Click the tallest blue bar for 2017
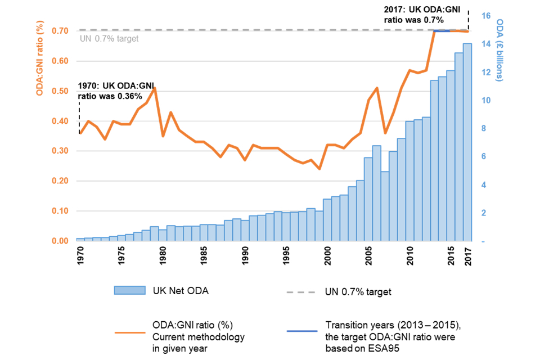tap(467, 141)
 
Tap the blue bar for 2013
tap(434, 160)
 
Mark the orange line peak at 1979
tap(155, 88)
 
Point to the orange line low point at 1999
tap(319, 169)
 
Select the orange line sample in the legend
tap(130, 332)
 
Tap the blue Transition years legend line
tap(302, 331)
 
